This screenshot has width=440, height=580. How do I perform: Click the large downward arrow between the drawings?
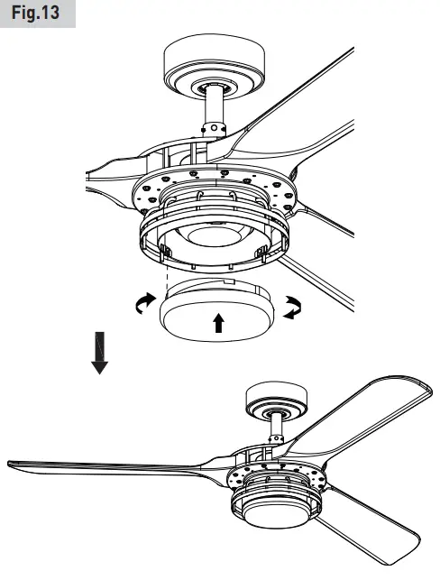pyautogui.click(x=100, y=353)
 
